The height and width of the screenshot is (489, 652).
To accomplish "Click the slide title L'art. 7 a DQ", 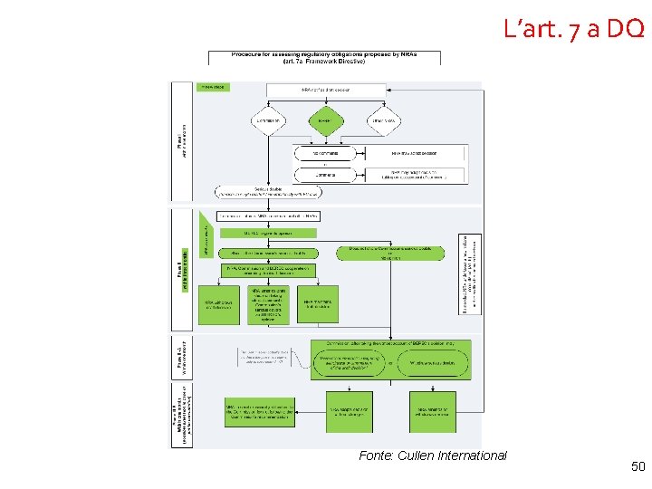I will pos(574,29).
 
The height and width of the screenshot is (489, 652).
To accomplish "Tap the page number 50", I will pos(638,467).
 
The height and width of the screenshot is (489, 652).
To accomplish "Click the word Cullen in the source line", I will pos(420,455).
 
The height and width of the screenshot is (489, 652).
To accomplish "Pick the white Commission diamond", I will pos(267,120).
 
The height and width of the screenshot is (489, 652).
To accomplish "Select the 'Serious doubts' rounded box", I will pos(268,192).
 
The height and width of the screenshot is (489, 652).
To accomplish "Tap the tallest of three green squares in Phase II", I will pos(269,304).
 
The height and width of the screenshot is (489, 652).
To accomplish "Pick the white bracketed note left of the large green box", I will pos(273,357).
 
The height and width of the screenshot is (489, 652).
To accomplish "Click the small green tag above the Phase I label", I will pos(213,87).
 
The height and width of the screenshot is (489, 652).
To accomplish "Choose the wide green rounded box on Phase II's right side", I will pos(390,253).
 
